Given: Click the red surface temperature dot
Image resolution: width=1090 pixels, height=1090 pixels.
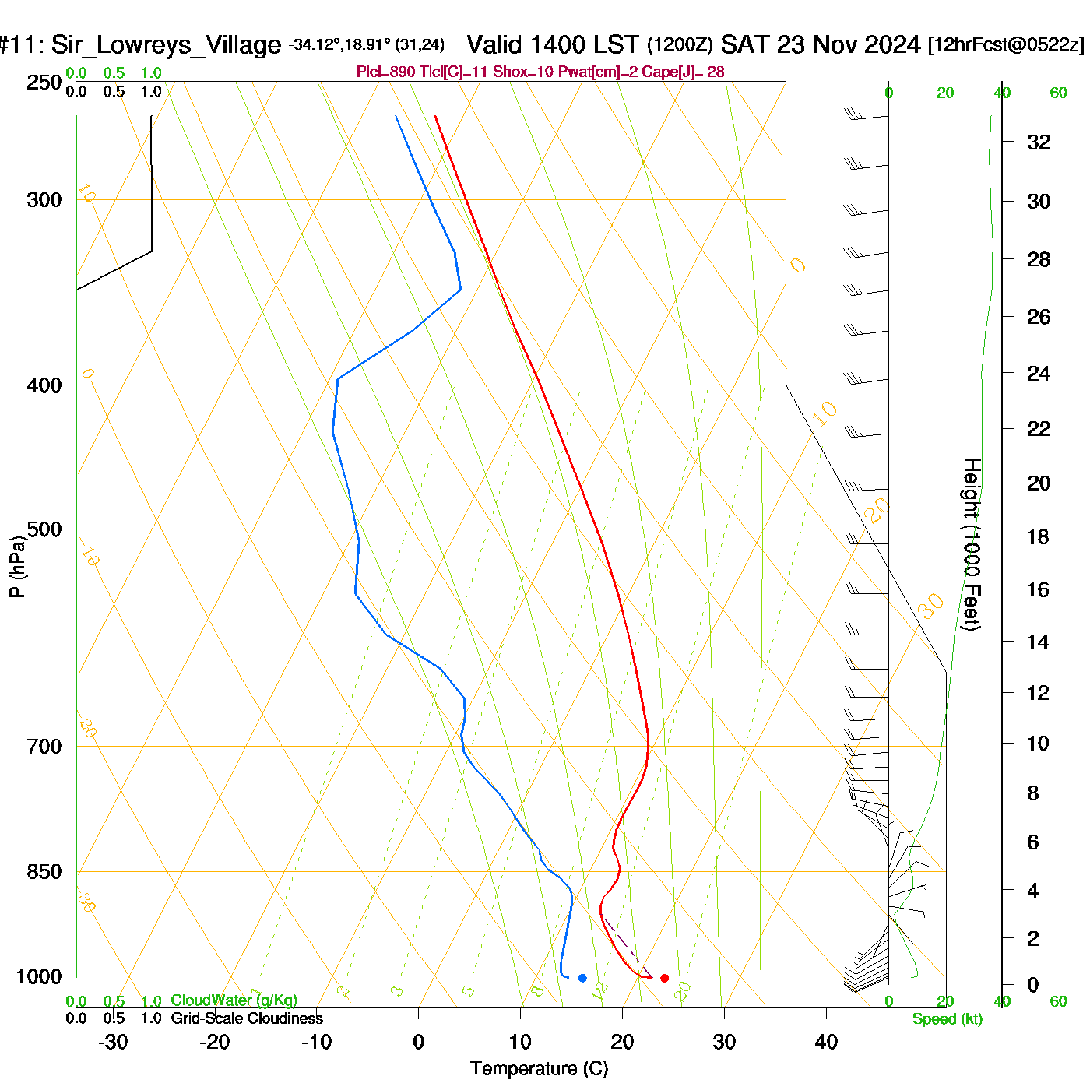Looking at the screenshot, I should pos(664,978).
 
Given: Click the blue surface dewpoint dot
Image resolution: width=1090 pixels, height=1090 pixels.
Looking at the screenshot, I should pos(582,978).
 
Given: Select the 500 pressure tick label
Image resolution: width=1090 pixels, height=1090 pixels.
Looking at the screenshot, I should pos(44,529).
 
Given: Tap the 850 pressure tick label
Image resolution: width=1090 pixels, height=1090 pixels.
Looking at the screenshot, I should pos(44,872).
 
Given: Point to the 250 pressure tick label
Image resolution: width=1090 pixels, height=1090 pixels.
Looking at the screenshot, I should pos(44,83).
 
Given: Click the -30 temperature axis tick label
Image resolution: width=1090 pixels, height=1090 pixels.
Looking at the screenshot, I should pos(113,1042).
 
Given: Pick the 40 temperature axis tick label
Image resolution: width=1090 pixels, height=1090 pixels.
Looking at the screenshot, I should pos(826,1042).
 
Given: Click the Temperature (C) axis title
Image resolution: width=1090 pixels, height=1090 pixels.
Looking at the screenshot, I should pos(539,1069).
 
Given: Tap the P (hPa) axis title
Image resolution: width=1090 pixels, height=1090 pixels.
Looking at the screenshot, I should pos(17,565).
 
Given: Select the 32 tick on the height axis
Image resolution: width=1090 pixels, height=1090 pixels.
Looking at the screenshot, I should pos(1039,142).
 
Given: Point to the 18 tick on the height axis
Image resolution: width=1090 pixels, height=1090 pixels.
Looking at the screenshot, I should pos(1038,536).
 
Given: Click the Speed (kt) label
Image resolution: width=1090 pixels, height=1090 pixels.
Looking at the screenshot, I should pos(948,1019).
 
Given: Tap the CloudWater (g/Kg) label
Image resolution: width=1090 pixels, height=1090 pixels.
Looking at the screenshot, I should pos(234,1000).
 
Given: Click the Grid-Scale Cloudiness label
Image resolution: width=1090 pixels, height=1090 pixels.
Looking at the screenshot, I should pos(247,1018).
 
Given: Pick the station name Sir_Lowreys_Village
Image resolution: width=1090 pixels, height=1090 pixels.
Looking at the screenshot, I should pos(166,45).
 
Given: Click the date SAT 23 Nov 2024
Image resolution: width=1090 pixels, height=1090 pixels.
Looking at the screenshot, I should pos(821,44).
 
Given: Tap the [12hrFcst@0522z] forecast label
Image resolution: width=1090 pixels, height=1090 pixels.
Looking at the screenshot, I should pos(1006,44).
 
